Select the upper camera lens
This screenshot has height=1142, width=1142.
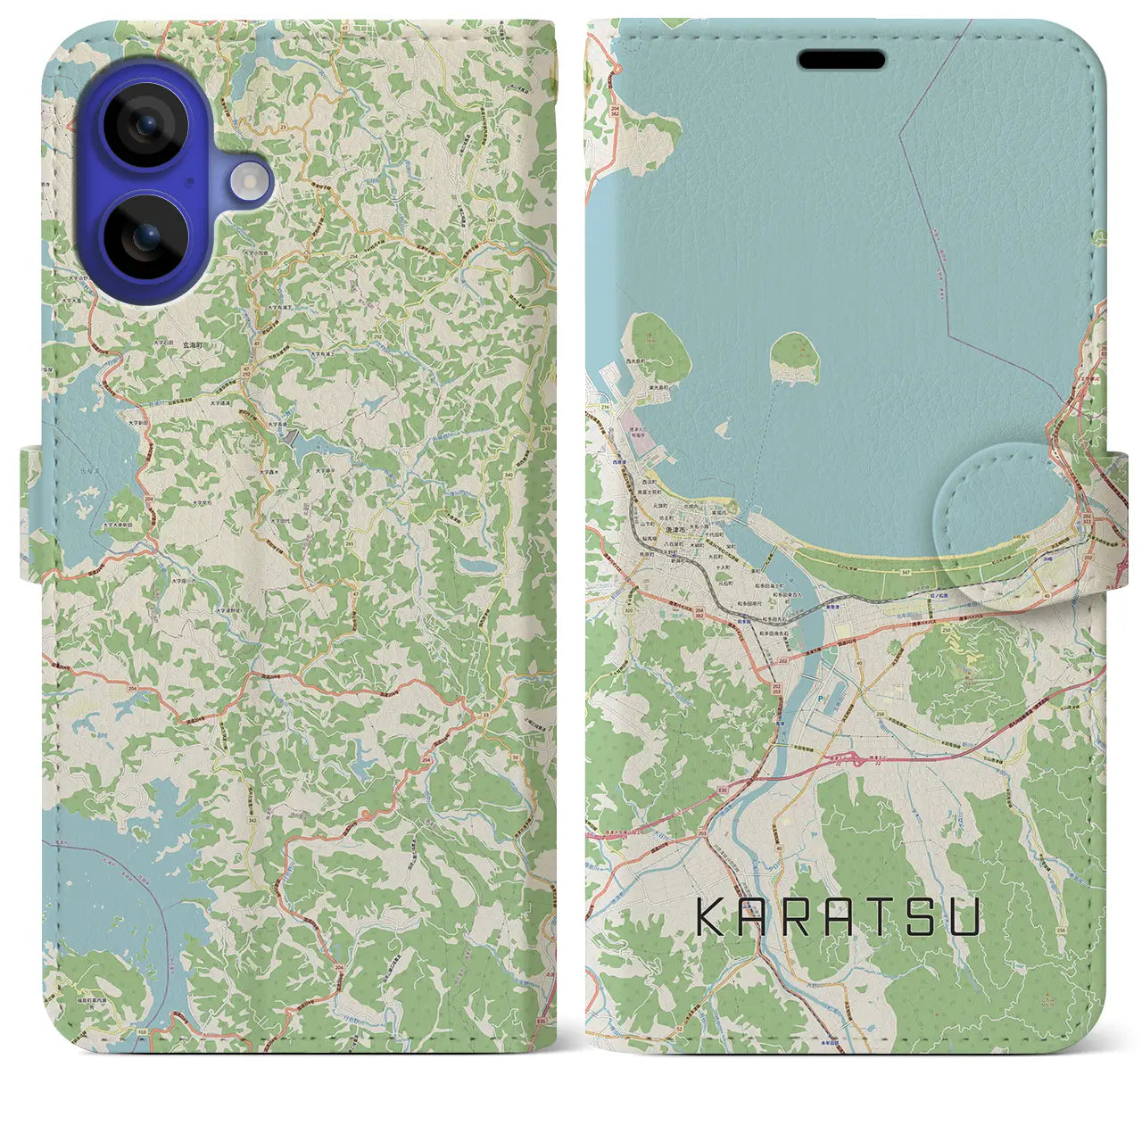(x=145, y=124)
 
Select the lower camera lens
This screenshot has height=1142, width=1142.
(x=145, y=237)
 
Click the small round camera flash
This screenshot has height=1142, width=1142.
(x=251, y=182)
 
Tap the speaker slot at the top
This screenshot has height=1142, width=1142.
(x=840, y=60)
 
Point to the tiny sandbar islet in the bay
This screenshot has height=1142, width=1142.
(x=723, y=431)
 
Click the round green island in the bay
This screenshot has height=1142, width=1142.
(x=794, y=357)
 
